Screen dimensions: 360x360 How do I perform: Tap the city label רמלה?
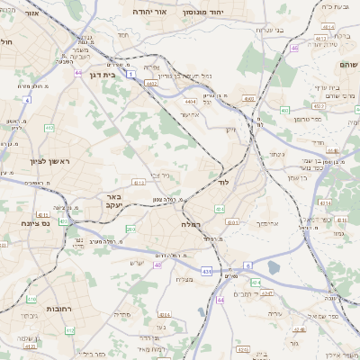[x=190, y=223]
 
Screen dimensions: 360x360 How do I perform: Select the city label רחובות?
[x=58, y=309]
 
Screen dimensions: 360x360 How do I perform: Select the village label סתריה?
[x=123, y=315]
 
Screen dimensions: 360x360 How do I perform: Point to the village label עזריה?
[x=276, y=312]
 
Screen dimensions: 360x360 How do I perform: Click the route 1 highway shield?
[x=131, y=76]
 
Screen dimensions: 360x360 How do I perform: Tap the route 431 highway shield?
[x=207, y=271]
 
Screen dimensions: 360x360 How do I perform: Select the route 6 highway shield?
[x=247, y=265]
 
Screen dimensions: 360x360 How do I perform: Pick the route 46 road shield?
[x=294, y=48]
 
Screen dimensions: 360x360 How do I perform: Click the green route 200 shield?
[x=130, y=229]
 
